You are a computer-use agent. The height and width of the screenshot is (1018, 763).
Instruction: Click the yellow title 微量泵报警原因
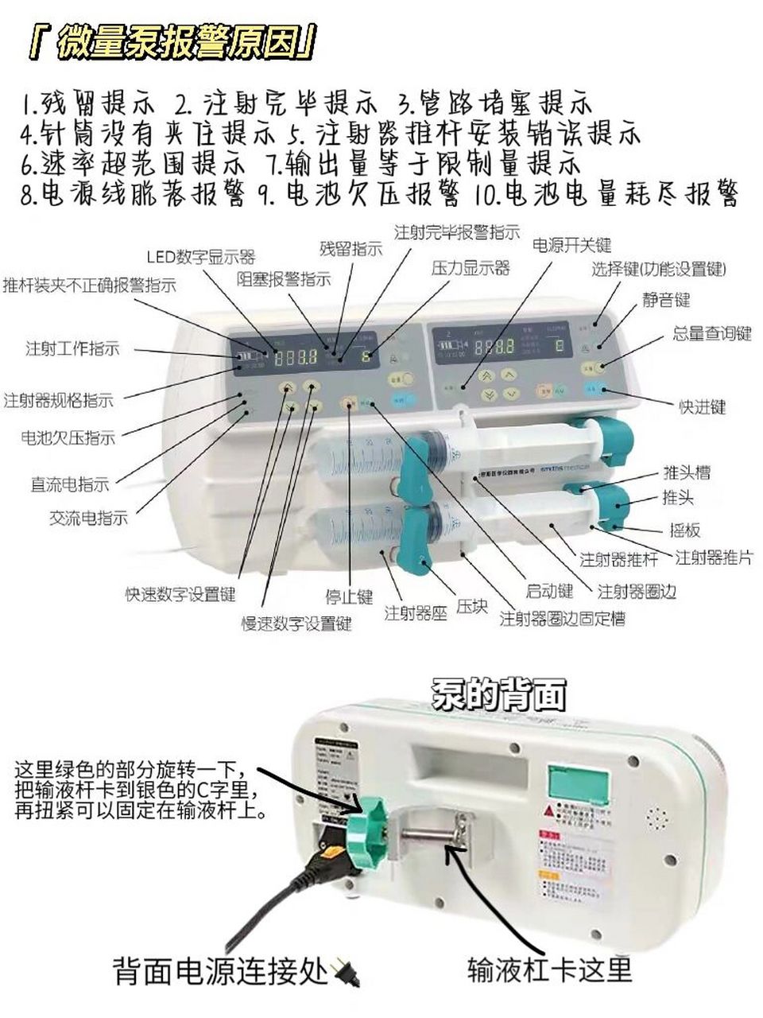coord(171,43)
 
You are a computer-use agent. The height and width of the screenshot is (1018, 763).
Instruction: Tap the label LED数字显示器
coord(200,257)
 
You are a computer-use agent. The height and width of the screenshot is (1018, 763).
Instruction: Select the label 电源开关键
coord(571,244)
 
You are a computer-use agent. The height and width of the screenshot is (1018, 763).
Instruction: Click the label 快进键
coord(702,407)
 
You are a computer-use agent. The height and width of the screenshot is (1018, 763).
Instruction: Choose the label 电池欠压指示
coord(68,437)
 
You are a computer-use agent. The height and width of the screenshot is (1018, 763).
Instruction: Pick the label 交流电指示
coord(88,518)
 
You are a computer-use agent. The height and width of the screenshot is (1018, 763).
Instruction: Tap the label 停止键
coord(349,596)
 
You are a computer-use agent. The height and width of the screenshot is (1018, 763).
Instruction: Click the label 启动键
coord(549,591)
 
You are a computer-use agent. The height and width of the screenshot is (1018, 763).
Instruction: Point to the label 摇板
coord(684,530)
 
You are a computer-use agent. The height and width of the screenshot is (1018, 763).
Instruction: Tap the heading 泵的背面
coord(499,694)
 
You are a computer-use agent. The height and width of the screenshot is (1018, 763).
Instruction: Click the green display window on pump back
coord(579,783)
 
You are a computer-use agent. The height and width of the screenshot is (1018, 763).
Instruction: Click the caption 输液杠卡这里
coord(549,969)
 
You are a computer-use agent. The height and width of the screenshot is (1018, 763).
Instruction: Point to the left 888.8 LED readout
coord(296,357)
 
